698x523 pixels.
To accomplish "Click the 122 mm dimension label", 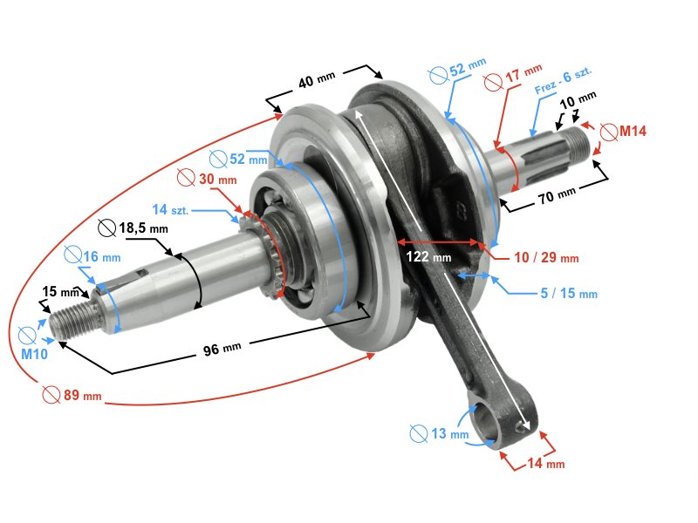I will click(x=428, y=257).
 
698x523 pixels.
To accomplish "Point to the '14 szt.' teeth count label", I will click(x=171, y=209).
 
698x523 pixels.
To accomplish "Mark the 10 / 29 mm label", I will click(x=546, y=259).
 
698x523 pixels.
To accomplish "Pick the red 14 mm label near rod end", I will click(x=546, y=464).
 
